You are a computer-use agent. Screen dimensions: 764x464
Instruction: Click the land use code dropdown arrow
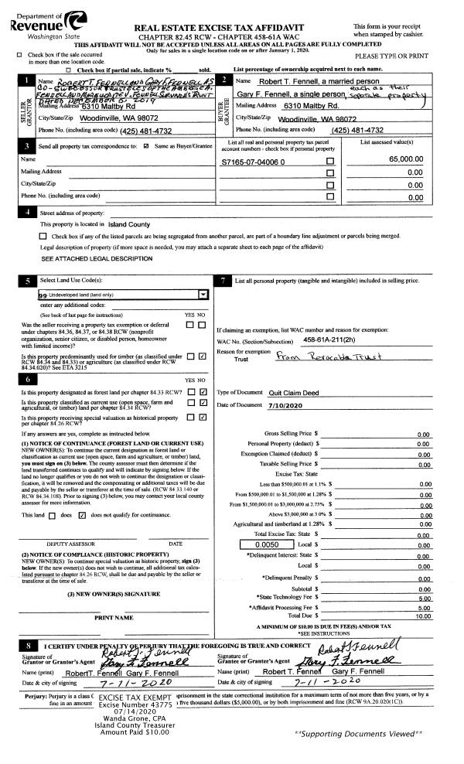click(x=203, y=295)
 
